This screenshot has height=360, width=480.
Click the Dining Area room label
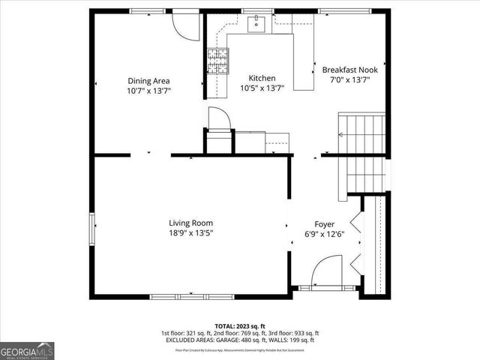click(x=148, y=81)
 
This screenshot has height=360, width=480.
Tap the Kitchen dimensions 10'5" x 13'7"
click(x=262, y=88)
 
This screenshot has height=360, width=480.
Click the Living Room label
click(x=190, y=223)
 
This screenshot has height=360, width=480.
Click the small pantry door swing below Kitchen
click(x=218, y=119)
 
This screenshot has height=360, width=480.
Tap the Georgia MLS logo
click(x=27, y=349)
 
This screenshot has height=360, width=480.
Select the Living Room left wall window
click(x=91, y=229)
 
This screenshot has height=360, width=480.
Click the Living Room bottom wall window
click(x=190, y=296)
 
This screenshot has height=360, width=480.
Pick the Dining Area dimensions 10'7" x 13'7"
click(x=148, y=91)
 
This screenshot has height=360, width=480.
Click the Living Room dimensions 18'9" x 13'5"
click(x=190, y=233)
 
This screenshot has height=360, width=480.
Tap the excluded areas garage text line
click(x=240, y=340)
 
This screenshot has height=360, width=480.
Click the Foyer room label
click(x=324, y=223)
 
